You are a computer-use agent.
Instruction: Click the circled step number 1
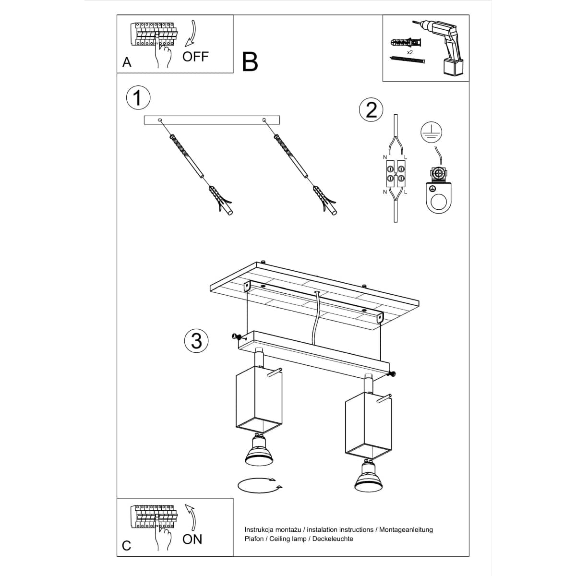[138, 98]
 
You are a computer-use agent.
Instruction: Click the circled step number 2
[371, 110]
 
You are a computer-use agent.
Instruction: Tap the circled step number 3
[196, 341]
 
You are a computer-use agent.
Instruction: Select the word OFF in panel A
[195, 57]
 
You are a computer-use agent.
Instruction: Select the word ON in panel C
[192, 539]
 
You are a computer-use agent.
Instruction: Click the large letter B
[250, 62]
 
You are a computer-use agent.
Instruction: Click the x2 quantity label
[410, 52]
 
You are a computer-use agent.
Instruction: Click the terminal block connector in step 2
[395, 174]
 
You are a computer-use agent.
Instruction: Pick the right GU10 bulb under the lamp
[368, 478]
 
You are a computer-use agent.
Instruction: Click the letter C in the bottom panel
[127, 546]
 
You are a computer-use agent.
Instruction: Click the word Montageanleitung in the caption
[406, 529]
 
